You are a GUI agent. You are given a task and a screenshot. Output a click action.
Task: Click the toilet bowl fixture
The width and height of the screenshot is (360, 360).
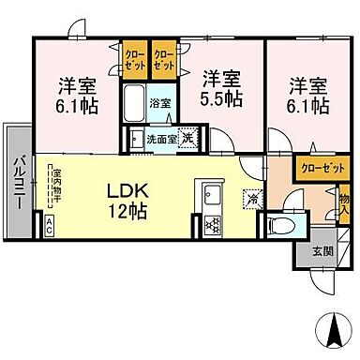pyautogui.click(x=278, y=225)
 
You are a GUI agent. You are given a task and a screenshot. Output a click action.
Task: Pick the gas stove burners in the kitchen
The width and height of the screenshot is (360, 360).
pyautogui.click(x=212, y=224)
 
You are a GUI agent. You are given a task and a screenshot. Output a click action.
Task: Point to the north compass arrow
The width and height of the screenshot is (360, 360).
pyautogui.click(x=333, y=330)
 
